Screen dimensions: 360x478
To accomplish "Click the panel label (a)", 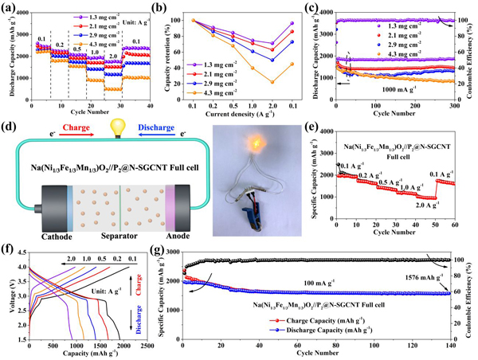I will (10, 8).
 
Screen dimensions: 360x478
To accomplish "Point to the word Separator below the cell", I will (119, 234).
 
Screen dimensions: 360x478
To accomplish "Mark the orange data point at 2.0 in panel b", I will (273, 82).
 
